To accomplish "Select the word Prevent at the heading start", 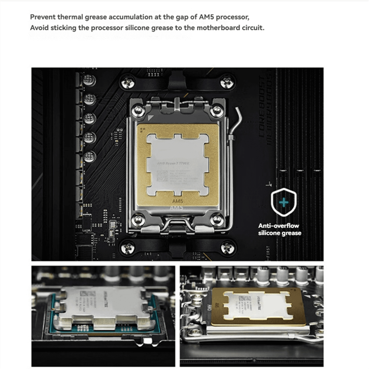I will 43,17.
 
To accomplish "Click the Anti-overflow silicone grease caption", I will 280,229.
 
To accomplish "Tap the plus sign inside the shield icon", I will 283,202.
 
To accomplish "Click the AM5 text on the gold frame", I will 177,201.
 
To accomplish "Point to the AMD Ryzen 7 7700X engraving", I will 173,163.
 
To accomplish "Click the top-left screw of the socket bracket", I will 137,111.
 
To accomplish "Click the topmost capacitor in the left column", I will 90,81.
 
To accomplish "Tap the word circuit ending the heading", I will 253,28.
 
